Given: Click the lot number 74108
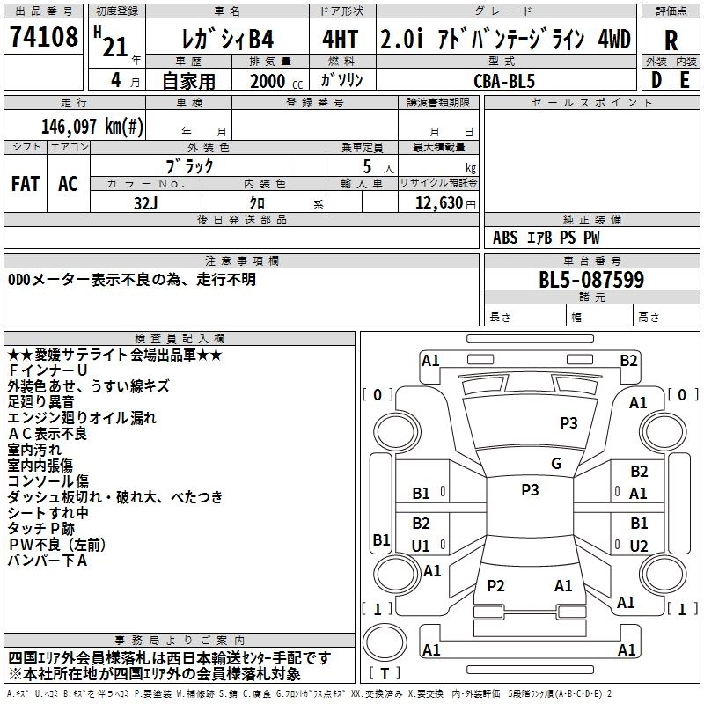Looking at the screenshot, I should coord(44,40).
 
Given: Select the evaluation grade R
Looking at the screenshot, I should coord(671,41).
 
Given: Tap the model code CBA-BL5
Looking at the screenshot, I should coord(503,80).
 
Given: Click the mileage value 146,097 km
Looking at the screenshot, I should coord(92,126).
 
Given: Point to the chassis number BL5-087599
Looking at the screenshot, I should coord(591,280).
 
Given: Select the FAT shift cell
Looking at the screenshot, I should coord(26,184).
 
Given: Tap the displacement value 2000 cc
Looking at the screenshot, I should coord(268,80).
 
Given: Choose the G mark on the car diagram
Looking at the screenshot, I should coord(555,464).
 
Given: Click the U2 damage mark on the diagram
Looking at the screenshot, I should coord(639,546).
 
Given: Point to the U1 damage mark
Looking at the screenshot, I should coord(421,546).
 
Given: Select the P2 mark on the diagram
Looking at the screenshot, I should coord(495,586).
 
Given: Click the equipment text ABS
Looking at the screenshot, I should coord(506,237).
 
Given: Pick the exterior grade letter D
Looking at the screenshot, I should coord(656,80).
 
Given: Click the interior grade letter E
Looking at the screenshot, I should coord(685,80).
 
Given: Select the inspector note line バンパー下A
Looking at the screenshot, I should coord(48,561).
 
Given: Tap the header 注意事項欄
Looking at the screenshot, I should coord(242,260).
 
